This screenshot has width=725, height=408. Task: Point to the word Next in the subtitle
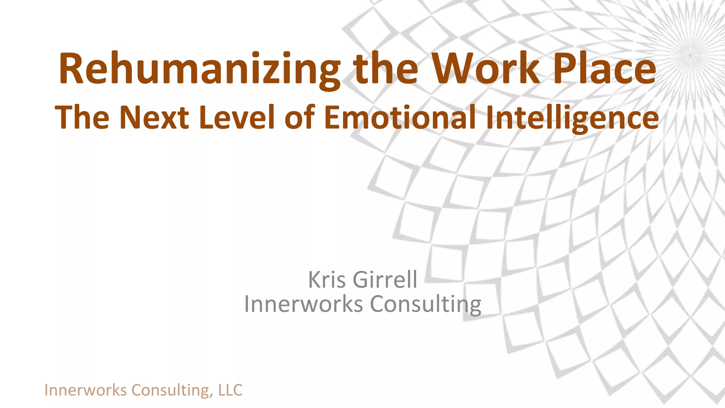[x=154, y=117]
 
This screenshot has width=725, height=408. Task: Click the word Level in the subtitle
[x=237, y=117]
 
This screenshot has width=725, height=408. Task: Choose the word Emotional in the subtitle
[x=400, y=117]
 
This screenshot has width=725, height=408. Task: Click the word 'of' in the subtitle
[x=299, y=117]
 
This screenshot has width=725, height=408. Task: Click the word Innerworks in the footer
[x=85, y=390]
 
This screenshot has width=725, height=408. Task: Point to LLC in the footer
[x=230, y=390]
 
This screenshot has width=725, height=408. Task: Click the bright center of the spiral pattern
[x=691, y=55]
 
